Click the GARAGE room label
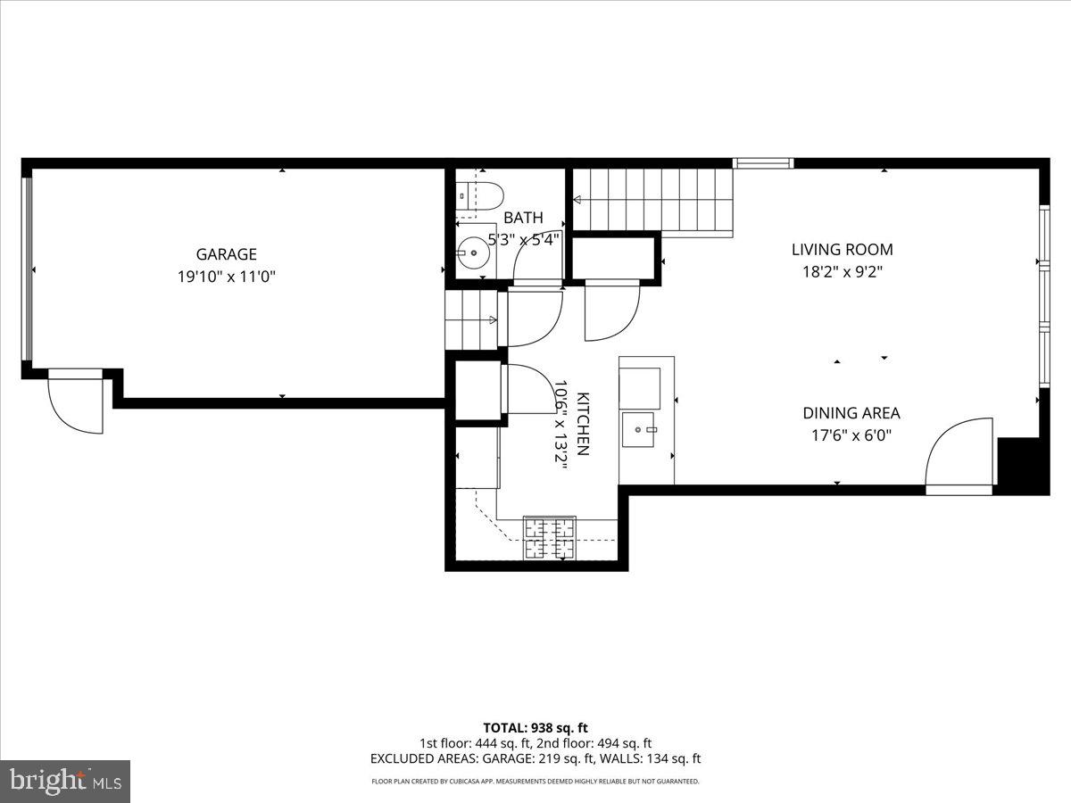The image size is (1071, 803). [227, 254]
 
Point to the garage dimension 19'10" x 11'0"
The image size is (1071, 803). [227, 277]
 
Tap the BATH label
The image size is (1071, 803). [523, 218]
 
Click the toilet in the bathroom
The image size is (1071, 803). [480, 195]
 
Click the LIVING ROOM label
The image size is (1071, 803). [842, 250]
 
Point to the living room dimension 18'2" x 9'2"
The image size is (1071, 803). [842, 272]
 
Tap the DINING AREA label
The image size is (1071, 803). [851, 413]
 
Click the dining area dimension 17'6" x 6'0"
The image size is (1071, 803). [851, 435]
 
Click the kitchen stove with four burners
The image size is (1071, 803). [549, 537]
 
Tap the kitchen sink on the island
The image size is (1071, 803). [639, 429]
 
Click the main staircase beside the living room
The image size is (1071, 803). [652, 200]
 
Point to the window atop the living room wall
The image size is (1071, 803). [763, 163]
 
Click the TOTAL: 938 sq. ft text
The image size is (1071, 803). [535, 728]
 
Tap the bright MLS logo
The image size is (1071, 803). [65, 782]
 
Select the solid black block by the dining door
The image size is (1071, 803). [1019, 465]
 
